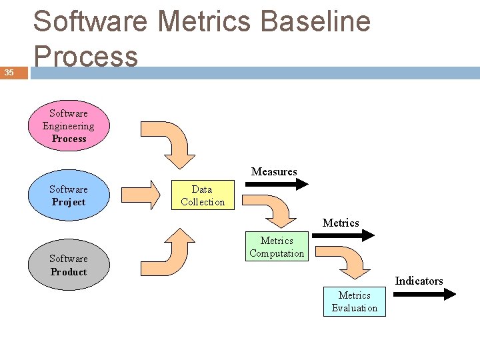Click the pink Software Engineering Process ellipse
click(69, 126)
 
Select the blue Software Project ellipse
click(68, 195)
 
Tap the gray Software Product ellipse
click(68, 265)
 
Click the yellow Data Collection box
click(203, 195)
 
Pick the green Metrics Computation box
click(277, 247)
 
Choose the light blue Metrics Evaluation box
click(354, 301)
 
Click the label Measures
click(274, 172)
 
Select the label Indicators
click(419, 281)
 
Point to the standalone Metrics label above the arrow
click(341, 223)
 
